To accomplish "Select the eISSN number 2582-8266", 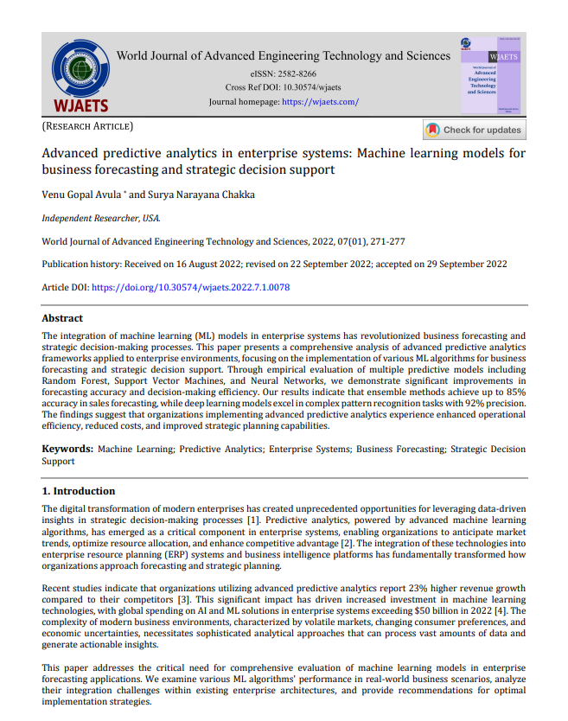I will tap(296, 74).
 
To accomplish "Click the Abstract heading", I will tap(63, 317).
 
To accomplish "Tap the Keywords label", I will tap(67, 450).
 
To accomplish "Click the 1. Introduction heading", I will tap(79, 491).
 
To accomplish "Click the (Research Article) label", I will tap(87, 127).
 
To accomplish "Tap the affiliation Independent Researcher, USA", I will tap(101, 219).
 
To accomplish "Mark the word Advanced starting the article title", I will tap(73, 153).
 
